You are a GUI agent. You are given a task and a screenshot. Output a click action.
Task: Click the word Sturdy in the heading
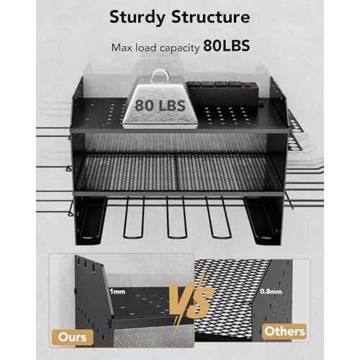[x=138, y=18]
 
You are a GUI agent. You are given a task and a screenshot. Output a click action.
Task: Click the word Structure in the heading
[x=211, y=17]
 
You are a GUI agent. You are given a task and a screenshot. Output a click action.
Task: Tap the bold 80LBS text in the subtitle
[x=227, y=45]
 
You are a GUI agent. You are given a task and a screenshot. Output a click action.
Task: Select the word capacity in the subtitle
[x=180, y=48]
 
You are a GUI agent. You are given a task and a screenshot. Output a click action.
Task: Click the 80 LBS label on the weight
[x=160, y=105]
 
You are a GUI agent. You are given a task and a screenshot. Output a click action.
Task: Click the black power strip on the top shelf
[x=222, y=92]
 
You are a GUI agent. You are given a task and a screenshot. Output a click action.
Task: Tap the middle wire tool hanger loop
[x=177, y=217]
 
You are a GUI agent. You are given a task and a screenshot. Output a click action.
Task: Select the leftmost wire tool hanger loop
[x=133, y=217]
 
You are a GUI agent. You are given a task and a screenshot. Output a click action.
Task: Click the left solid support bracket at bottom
[x=89, y=220]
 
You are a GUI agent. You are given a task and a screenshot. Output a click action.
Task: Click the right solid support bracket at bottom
[x=264, y=220]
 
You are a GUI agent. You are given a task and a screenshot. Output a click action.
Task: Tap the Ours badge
[x=73, y=337]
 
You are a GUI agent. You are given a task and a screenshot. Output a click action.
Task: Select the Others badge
[x=284, y=331]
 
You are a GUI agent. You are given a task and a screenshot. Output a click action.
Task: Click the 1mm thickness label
[x=117, y=292]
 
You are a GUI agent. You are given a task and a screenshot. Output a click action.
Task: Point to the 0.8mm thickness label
[x=271, y=292]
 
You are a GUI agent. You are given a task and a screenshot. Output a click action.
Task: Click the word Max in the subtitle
[x=122, y=48]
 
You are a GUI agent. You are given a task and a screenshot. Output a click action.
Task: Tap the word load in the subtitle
[x=145, y=48]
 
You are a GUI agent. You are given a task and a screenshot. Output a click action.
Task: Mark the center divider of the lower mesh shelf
[x=176, y=171]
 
